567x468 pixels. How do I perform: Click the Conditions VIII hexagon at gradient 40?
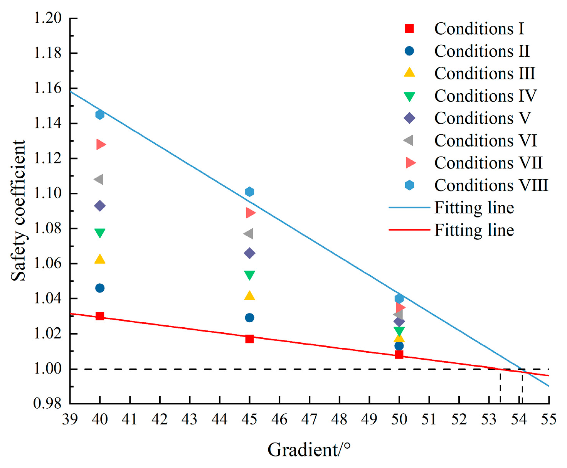click(x=100, y=114)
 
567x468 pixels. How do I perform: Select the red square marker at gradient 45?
click(x=249, y=339)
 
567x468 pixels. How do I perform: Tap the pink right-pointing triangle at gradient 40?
click(x=101, y=145)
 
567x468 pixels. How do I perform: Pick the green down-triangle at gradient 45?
click(x=249, y=275)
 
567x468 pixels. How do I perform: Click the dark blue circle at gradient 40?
click(x=100, y=288)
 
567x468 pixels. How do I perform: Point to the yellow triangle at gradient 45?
click(x=249, y=296)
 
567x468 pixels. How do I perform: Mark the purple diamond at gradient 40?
click(x=100, y=206)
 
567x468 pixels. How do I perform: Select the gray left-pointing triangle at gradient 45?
click(x=249, y=234)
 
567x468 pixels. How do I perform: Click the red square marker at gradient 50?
click(x=399, y=355)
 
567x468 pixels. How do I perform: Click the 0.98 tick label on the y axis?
click(x=48, y=404)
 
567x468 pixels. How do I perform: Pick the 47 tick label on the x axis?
click(x=309, y=419)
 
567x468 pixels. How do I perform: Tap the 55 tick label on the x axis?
click(x=548, y=419)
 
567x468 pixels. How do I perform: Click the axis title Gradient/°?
click(x=309, y=450)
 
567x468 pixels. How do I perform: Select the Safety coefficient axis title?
click(x=18, y=210)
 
